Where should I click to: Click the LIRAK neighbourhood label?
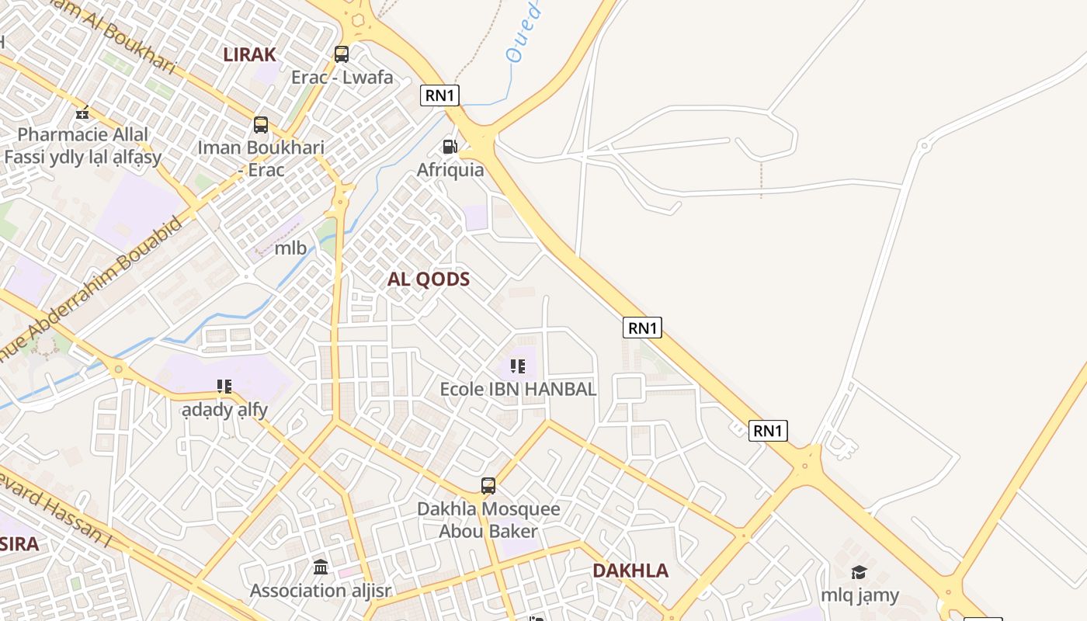point(250,54)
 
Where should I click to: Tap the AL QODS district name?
point(429,279)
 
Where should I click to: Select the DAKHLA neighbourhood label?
point(630,571)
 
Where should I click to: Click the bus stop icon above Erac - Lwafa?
point(342,54)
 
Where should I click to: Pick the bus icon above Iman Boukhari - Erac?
point(261,124)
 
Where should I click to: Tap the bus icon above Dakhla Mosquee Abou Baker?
point(488,486)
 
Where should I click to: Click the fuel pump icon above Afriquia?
point(450,146)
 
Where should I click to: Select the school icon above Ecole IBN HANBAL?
point(518,366)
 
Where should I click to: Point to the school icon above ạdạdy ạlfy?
point(224,386)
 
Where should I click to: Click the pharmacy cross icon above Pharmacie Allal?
point(82,113)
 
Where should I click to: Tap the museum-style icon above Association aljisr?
point(321,567)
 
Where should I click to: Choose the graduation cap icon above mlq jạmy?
point(859,573)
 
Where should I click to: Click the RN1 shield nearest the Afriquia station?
point(440,95)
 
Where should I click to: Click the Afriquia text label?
point(450,169)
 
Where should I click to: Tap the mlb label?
point(290,248)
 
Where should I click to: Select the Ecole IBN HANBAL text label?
point(518,389)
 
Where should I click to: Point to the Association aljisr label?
point(320,591)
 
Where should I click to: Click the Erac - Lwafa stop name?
point(342,78)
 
